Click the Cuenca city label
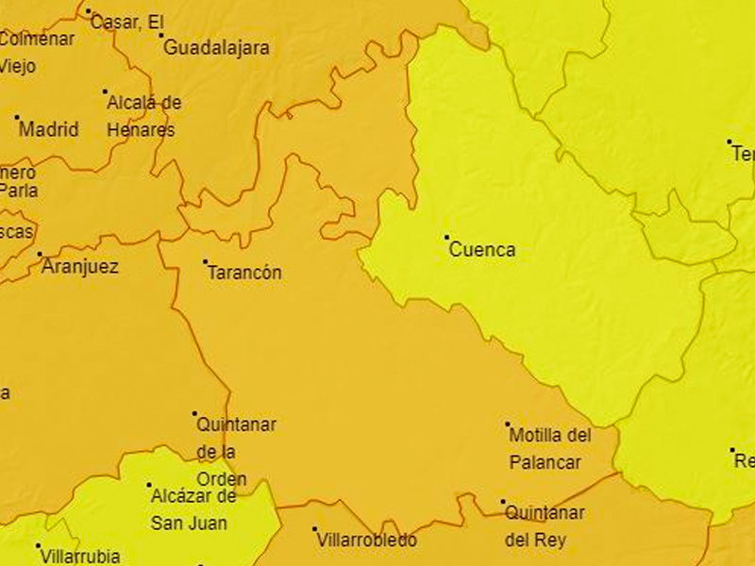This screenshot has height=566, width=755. coord(482,250)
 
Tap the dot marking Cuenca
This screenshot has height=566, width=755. coord(447,238)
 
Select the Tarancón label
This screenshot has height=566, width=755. coord(243,273)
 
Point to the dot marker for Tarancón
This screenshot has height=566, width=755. coord(206,261)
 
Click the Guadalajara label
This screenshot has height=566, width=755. coord(217,47)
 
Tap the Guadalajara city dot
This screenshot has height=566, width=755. coord(161,36)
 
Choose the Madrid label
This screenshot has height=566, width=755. coord(49,129)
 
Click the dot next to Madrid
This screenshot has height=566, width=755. coord(17,118)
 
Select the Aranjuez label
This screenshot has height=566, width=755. coord(80,267)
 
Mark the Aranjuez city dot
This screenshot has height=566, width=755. coord(40,254)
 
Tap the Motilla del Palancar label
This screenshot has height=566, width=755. coord(549,449)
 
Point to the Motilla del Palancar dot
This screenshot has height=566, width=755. coord(508,424)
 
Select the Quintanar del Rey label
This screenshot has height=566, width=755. coord(545,526)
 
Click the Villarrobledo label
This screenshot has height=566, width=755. coord(367,541)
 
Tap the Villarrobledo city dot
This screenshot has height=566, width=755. coord(315,529)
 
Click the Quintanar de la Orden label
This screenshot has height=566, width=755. coord(236,452)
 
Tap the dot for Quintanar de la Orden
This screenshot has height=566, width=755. coord(195,413)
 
